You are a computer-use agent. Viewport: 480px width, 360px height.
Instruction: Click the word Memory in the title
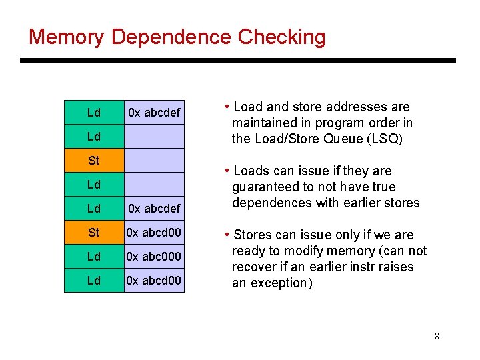(x=66, y=37)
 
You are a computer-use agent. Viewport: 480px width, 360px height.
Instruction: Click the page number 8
(x=437, y=336)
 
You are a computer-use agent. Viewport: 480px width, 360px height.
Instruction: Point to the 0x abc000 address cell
(x=154, y=257)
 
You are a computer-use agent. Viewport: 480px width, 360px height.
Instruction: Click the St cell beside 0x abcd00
(x=94, y=233)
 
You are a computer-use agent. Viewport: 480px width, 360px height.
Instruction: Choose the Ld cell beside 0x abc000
(x=94, y=257)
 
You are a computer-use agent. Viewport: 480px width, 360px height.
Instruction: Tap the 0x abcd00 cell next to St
(x=154, y=233)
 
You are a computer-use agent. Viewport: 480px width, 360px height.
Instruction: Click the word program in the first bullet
(x=337, y=123)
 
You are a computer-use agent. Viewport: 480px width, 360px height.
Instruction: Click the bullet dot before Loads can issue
(x=228, y=171)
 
